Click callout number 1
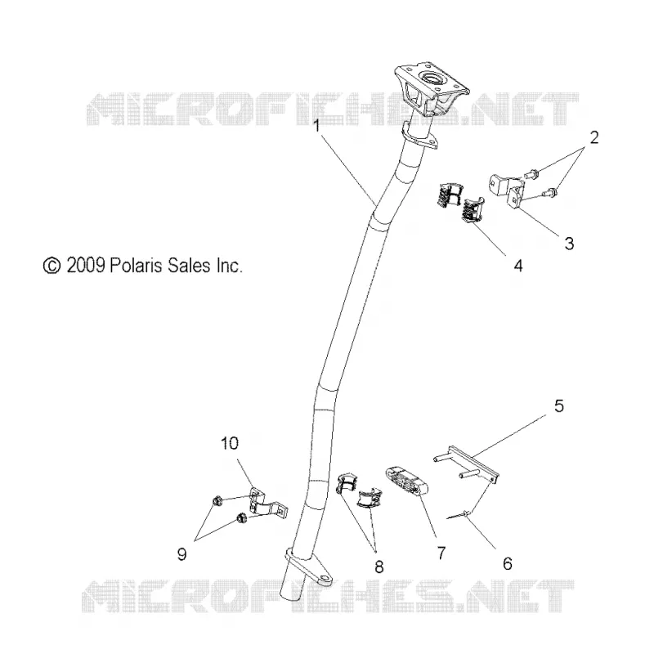(x=317, y=125)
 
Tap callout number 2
(x=594, y=137)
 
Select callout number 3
(x=569, y=243)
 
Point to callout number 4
(x=517, y=265)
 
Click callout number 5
(x=559, y=405)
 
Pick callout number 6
(x=507, y=563)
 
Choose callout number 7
(x=441, y=553)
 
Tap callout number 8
(x=379, y=567)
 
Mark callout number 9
(x=181, y=554)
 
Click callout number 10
(x=230, y=443)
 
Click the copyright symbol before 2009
(x=52, y=267)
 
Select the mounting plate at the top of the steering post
(x=431, y=88)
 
